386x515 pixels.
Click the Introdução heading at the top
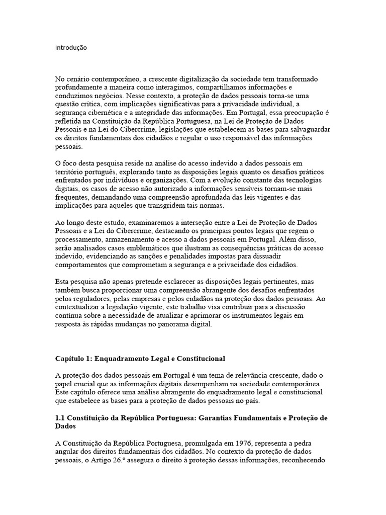pos(71,48)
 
